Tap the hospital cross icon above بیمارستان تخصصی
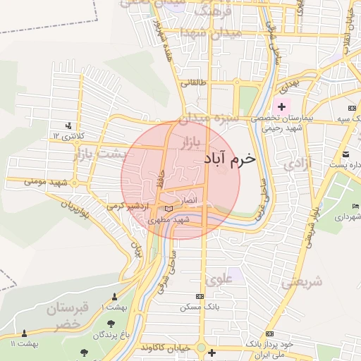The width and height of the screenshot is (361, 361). pyautogui.click(x=281, y=107)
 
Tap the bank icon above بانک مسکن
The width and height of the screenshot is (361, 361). pyautogui.click(x=200, y=296)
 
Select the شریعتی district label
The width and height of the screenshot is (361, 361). pyautogui.click(x=301, y=283)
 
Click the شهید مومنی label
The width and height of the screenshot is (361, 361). pyautogui.click(x=45, y=182)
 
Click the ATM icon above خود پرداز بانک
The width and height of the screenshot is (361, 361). pyautogui.click(x=269, y=334)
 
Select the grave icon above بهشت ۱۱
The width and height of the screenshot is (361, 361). pyautogui.click(x=24, y=334)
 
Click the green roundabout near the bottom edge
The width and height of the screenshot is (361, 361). pyautogui.click(x=202, y=350)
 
